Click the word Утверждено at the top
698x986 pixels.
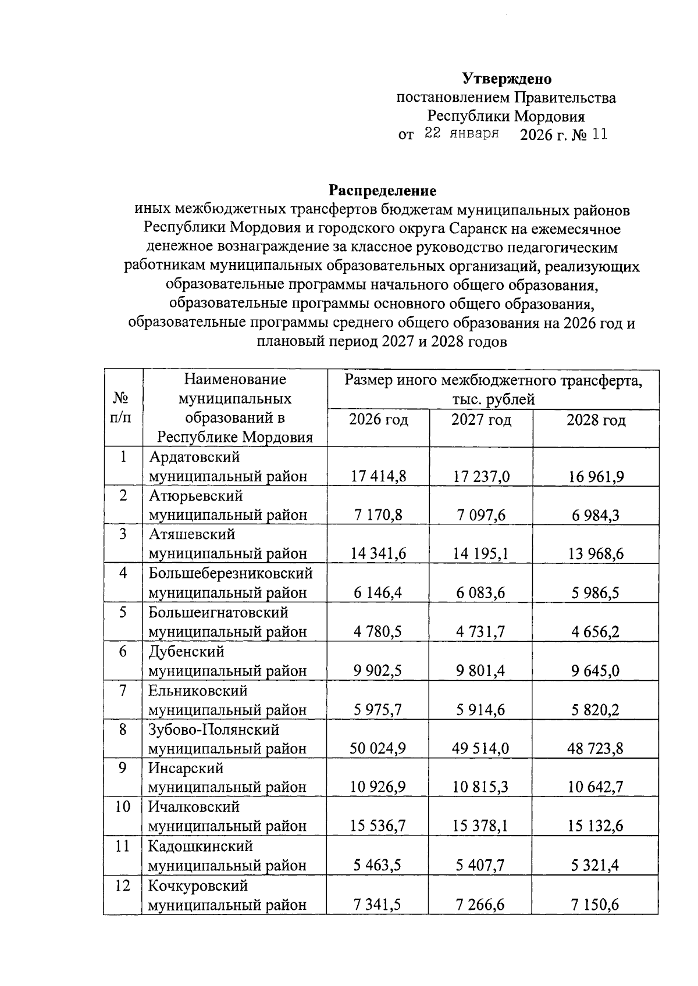(x=507, y=78)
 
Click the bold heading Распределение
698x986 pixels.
(x=383, y=190)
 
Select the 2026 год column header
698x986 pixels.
(x=378, y=420)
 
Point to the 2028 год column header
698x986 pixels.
(x=596, y=420)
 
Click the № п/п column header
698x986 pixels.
(x=122, y=408)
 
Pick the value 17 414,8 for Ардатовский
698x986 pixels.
(x=378, y=477)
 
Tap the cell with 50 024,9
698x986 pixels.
(x=378, y=748)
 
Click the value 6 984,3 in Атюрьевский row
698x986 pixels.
(x=595, y=516)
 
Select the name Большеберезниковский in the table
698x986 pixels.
(x=230, y=574)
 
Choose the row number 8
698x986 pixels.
(x=122, y=729)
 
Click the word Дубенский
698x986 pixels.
(x=186, y=652)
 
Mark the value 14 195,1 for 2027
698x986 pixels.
(x=480, y=554)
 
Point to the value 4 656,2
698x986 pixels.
(x=595, y=632)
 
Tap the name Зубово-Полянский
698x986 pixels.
(x=213, y=729)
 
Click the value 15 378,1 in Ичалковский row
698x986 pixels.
(x=480, y=826)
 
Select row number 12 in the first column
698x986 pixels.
(x=122, y=885)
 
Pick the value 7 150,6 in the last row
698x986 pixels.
(x=595, y=905)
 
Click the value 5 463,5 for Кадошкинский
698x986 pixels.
(x=378, y=865)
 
